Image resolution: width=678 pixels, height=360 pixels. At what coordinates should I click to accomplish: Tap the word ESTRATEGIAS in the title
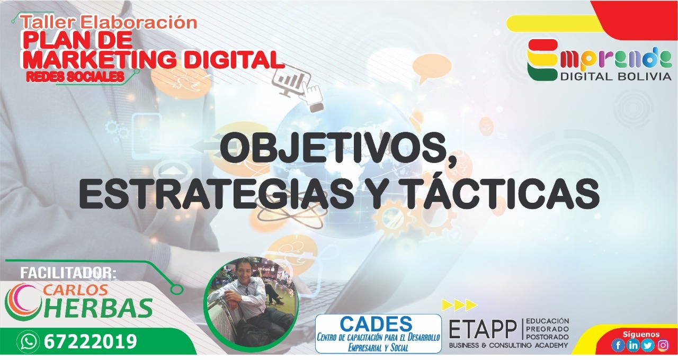(216, 194)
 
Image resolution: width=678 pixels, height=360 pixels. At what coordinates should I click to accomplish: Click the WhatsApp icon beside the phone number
(28, 341)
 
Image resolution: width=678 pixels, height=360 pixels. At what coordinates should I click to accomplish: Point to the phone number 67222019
(91, 341)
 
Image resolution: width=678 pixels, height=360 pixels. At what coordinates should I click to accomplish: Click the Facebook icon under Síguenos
(618, 345)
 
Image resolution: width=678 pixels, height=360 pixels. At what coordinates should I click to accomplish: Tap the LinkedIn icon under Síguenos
(632, 345)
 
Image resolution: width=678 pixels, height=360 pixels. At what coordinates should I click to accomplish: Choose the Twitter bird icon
(647, 345)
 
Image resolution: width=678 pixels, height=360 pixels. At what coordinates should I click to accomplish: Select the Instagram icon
(663, 345)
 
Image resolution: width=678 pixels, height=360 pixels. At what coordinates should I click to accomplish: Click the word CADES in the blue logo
(376, 324)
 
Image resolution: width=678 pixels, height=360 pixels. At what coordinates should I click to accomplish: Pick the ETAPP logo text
(483, 329)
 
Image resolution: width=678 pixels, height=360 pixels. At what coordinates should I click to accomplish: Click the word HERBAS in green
(97, 308)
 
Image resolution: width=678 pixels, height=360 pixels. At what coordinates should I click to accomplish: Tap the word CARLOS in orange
(76, 290)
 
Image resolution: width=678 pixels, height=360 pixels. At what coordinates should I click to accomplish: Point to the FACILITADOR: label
(68, 273)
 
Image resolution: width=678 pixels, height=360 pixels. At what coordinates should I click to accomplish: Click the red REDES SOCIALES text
(75, 77)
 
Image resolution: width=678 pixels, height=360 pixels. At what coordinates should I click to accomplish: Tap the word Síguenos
(641, 334)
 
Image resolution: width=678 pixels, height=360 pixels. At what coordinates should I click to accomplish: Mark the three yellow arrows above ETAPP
(459, 305)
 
